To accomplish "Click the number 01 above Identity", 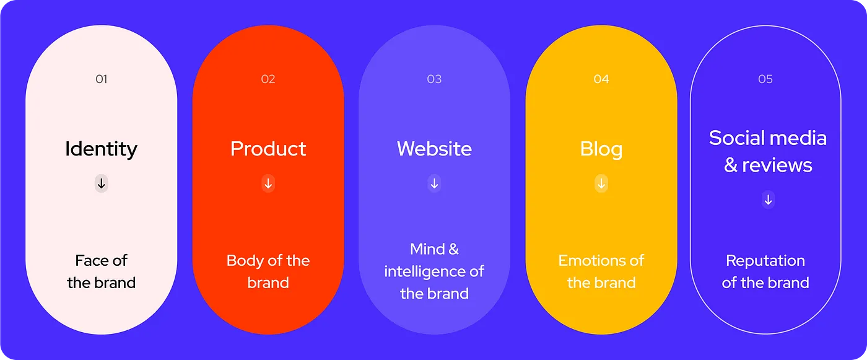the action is click(102, 79).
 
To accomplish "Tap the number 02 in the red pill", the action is click(268, 79).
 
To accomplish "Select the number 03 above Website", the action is click(434, 79).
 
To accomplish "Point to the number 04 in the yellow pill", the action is click(601, 79).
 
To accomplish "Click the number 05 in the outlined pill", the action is click(765, 79).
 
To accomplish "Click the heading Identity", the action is click(102, 149).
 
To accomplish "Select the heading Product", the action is click(268, 149).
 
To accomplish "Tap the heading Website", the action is click(434, 149).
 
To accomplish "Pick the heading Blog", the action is click(601, 149).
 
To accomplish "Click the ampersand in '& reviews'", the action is click(731, 165).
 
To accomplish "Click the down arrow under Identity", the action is click(102, 183).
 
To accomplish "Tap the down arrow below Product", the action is click(268, 183).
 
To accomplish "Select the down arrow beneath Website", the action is click(434, 183).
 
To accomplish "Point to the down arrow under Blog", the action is click(601, 183).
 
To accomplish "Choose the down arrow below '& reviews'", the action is click(769, 200).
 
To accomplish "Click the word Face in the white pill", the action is click(89, 260).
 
